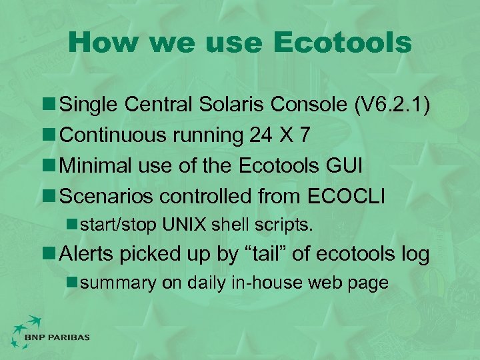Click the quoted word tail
(276, 253)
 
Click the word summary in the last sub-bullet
(117, 283)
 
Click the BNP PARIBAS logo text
(57, 337)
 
